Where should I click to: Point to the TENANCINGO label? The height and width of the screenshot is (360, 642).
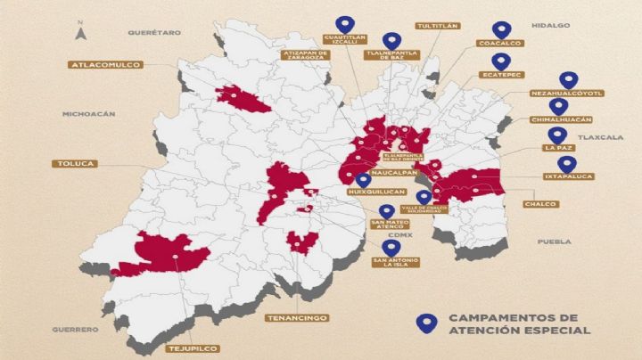click(x=297, y=317)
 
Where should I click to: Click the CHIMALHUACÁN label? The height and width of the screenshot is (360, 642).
click(x=562, y=119)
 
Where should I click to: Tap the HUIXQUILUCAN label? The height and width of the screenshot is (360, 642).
click(x=371, y=192)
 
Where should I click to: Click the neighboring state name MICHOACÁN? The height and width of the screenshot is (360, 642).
click(x=89, y=114)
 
